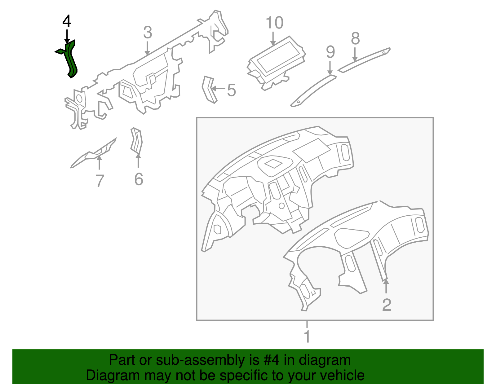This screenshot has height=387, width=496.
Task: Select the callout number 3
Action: point(148,33)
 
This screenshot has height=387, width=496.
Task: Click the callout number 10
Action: point(275,23)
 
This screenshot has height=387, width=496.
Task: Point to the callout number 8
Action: point(355,38)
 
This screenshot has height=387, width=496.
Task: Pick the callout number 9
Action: point(330,52)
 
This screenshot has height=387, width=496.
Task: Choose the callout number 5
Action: point(231,90)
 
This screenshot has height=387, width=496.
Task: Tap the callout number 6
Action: point(139,179)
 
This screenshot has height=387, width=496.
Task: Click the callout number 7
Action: point(100,181)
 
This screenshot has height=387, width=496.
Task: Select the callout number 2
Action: point(387,305)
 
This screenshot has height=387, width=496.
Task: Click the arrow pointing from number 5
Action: point(219,88)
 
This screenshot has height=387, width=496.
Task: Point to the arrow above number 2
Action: point(386,286)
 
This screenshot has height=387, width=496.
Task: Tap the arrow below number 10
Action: point(273,38)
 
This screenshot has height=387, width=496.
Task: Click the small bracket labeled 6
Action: point(136,141)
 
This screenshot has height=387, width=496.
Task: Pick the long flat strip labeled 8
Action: point(364,60)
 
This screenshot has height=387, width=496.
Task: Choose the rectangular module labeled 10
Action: point(276,63)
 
